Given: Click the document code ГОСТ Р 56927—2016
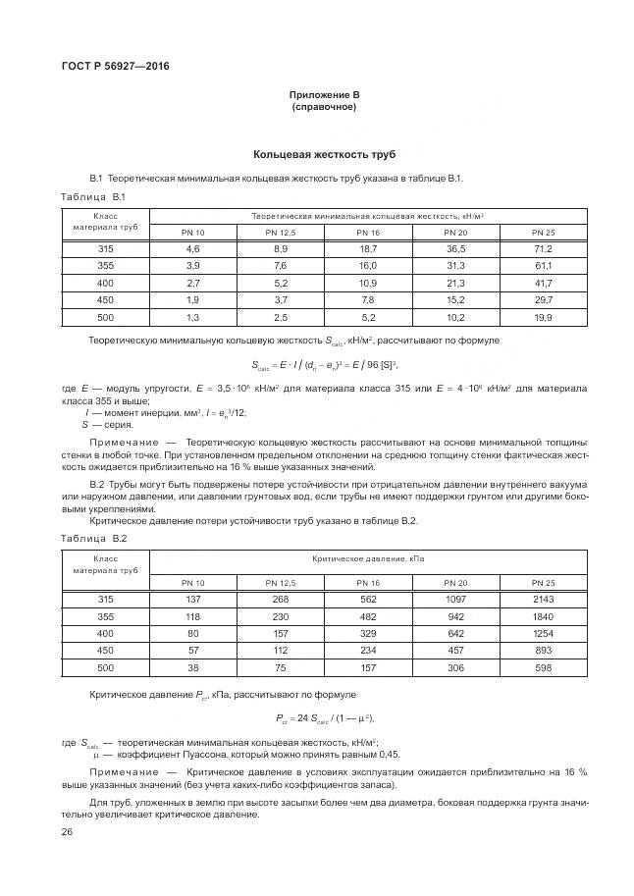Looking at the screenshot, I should [115, 66].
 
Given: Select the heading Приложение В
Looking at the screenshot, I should [324, 94].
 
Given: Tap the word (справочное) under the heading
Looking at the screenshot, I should [324, 107].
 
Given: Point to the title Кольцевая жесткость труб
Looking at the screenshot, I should [324, 155].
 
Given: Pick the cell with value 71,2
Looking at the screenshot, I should [543, 249].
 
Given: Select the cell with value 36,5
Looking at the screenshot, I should [455, 249].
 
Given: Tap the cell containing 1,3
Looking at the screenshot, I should [192, 318].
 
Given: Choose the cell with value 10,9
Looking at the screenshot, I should [368, 283].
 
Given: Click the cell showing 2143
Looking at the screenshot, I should [543, 599].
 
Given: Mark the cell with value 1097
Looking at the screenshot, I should [455, 599].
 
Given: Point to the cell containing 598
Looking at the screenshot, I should [543, 667].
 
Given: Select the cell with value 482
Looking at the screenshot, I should [368, 616].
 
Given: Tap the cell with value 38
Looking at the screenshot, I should [192, 667].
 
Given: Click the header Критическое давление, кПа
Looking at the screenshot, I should [368, 557].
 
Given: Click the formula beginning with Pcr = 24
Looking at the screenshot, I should [324, 718].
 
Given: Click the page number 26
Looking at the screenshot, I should [67, 831].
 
